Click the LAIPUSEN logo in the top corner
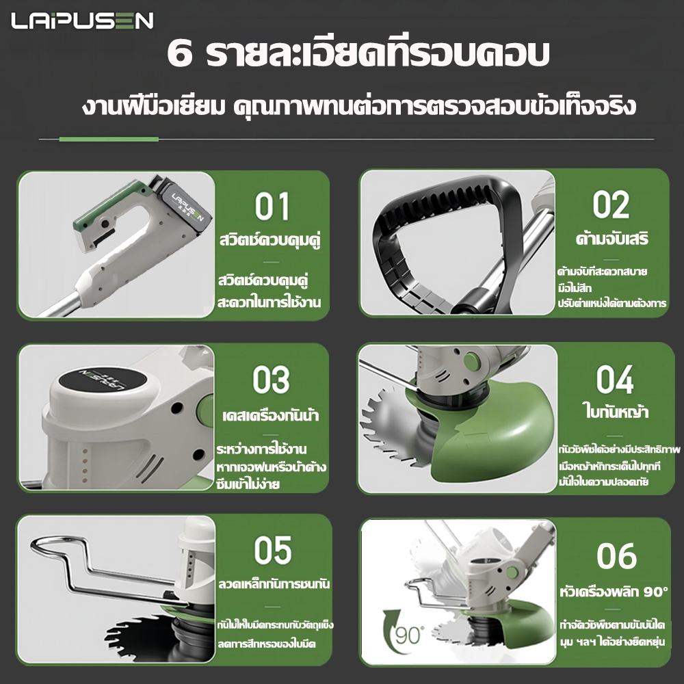coord(83,21)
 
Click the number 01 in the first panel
coord(272,207)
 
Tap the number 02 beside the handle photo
coord(611,205)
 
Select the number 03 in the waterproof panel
coord(271,380)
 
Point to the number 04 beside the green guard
coord(615,380)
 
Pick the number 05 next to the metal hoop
coord(273,550)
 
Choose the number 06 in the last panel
coord(616,555)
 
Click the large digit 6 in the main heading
coord(180,55)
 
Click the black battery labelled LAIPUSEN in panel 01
coord(186,204)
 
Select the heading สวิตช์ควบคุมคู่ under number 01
coord(270,240)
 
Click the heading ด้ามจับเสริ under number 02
coord(612,239)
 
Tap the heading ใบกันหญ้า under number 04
coord(616,412)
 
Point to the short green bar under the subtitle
coord(109,139)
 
